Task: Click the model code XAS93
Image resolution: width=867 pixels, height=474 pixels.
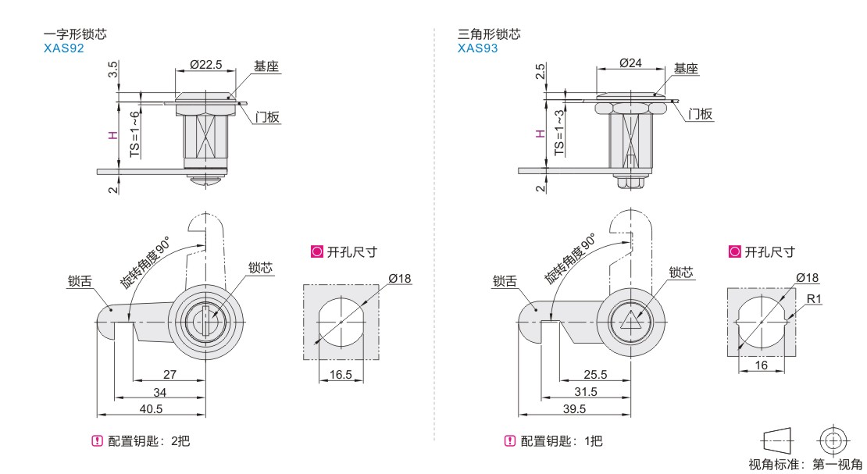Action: pyautogui.click(x=478, y=48)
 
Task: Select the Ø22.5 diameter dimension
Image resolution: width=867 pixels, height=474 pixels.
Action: pyautogui.click(x=205, y=64)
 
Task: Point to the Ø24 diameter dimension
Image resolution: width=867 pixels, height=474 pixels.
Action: pyautogui.click(x=630, y=63)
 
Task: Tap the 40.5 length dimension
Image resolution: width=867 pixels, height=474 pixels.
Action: pyautogui.click(x=152, y=409)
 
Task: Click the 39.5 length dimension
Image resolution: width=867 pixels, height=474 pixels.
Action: pyautogui.click(x=573, y=409)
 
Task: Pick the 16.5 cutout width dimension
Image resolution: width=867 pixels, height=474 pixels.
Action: pyautogui.click(x=341, y=375)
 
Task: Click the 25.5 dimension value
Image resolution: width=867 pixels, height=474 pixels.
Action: pyautogui.click(x=594, y=375)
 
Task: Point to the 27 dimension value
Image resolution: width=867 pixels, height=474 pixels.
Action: pyautogui.click(x=169, y=375)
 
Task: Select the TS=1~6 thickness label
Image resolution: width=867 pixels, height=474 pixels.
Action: pyautogui.click(x=134, y=134)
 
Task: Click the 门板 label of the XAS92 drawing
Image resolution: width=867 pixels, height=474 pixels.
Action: pyautogui.click(x=267, y=117)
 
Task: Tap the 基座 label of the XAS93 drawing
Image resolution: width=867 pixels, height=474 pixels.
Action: pyautogui.click(x=686, y=69)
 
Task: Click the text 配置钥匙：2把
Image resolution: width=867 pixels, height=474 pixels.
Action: pyautogui.click(x=148, y=441)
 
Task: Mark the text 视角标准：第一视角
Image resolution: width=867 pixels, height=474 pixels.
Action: pyautogui.click(x=805, y=465)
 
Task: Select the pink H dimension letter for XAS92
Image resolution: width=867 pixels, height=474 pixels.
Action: pyautogui.click(x=113, y=135)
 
